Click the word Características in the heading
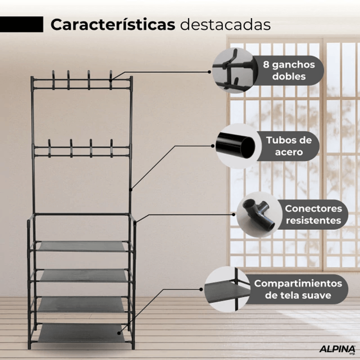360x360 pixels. point(113,25)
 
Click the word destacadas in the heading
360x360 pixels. point(225,25)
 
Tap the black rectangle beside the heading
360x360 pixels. point(22,24)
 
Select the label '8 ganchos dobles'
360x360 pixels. point(289,71)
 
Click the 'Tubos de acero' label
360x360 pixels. point(289,146)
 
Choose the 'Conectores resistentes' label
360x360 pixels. point(313,215)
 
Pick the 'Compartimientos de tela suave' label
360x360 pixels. point(298,289)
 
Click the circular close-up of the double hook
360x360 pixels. point(234,70)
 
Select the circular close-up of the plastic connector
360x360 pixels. point(259,215)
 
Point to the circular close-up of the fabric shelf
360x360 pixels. point(227,289)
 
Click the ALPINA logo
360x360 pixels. point(337,349)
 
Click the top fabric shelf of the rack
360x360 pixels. point(82,246)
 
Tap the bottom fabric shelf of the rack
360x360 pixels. point(81,333)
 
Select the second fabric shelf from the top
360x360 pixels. point(84,275)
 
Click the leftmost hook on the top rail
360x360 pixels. point(53,80)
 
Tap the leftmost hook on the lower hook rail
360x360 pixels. point(49,148)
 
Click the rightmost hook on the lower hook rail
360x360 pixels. point(111,148)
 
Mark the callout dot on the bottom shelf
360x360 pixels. point(119,333)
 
